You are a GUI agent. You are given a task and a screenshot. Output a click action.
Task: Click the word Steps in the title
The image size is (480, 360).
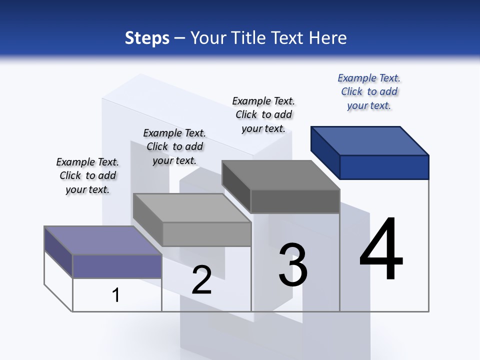[147, 38]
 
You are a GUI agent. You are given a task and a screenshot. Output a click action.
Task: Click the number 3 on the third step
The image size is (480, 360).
[293, 265]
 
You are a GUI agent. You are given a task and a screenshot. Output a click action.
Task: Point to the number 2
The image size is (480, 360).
[202, 280]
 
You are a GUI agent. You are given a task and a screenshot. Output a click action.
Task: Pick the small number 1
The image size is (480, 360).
[116, 295]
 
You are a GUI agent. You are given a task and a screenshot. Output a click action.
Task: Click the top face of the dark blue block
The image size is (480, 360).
[370, 140]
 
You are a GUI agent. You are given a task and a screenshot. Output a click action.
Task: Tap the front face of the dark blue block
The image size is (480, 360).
[384, 167]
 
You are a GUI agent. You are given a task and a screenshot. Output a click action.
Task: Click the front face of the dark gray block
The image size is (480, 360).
[295, 201]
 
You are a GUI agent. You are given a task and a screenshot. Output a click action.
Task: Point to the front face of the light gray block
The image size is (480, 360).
[206, 234]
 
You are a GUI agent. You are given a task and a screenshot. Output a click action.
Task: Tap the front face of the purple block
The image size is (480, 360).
[117, 266]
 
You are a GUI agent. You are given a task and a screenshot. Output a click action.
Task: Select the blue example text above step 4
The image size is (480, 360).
[369, 92]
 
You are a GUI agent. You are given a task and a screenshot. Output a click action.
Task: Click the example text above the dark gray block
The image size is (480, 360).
[263, 115]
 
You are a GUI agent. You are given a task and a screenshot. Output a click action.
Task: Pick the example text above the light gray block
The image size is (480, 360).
[174, 146]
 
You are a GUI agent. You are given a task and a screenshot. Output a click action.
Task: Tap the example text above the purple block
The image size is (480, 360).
[87, 175]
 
